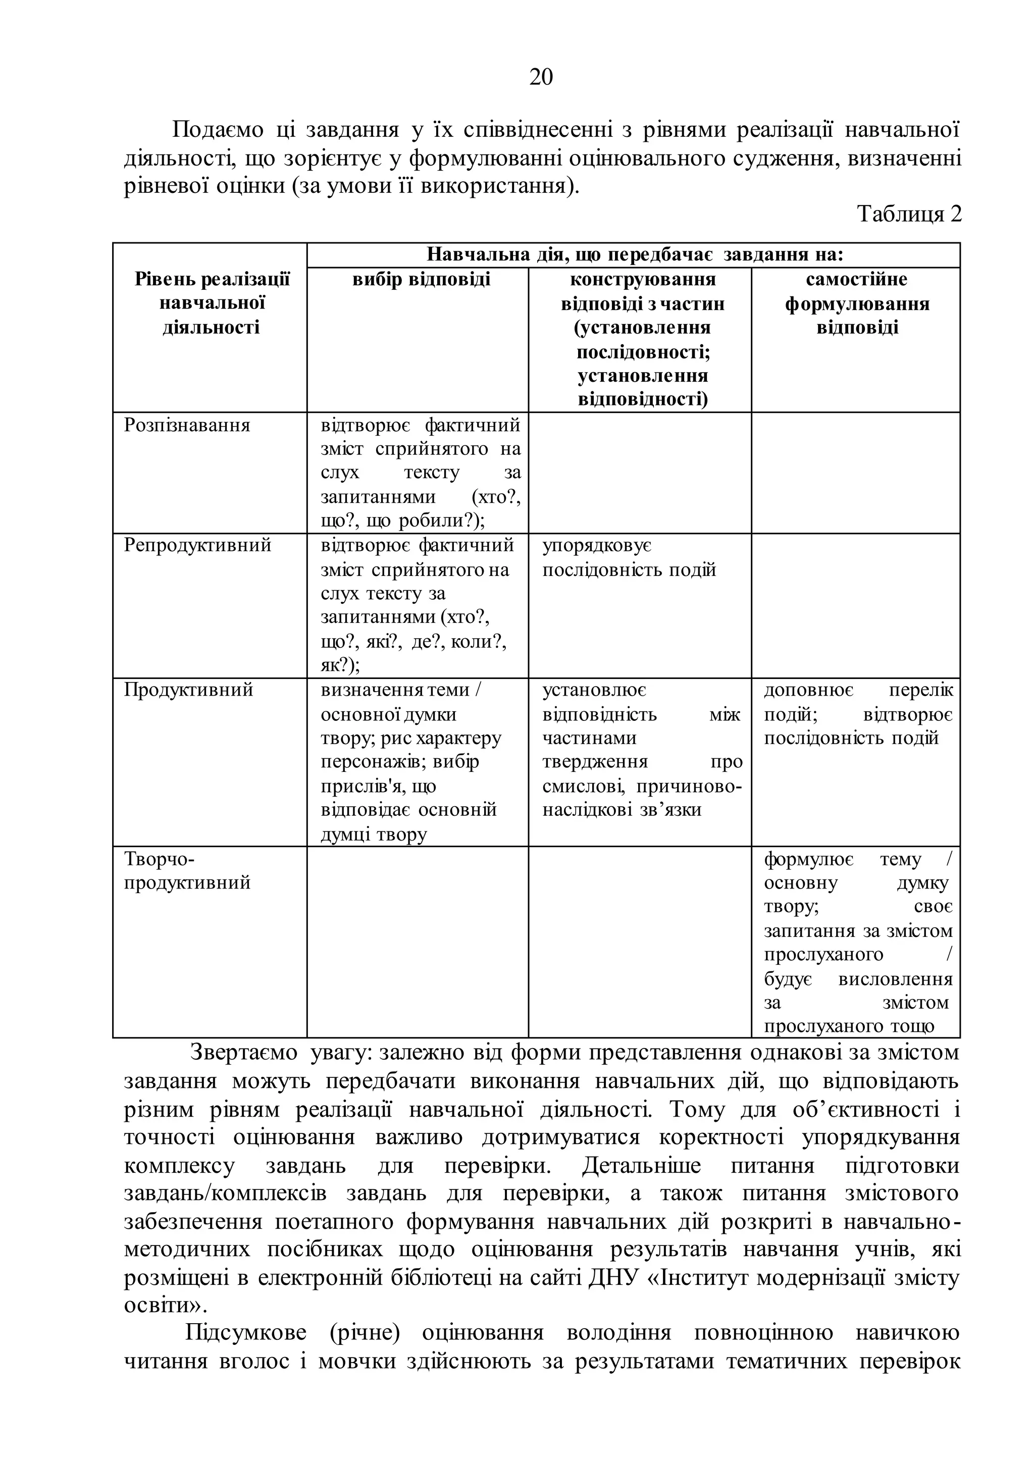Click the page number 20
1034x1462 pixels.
click(541, 77)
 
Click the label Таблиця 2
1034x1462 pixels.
click(909, 214)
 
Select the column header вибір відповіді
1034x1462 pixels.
click(422, 280)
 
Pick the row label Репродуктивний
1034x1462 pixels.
click(197, 545)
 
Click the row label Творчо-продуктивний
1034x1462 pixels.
click(187, 870)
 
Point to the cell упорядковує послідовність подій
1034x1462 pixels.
click(629, 557)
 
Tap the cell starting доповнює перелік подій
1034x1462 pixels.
click(858, 714)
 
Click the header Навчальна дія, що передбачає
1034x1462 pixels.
click(634, 255)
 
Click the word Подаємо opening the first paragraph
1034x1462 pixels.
click(218, 130)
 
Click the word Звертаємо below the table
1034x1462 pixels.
click(244, 1053)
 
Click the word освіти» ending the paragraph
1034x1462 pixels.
click(166, 1304)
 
